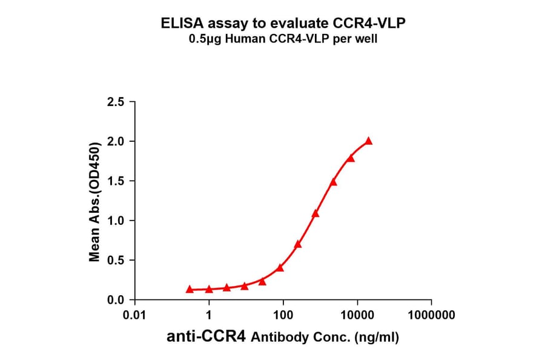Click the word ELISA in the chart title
tap(182, 24)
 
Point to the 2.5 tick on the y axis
tap(116, 102)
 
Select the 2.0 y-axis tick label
tap(116, 141)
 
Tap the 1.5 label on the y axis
tap(116, 181)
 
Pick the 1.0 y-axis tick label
tap(116, 221)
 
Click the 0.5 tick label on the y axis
tap(116, 261)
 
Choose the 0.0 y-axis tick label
tap(116, 300)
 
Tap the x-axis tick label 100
tap(283, 315)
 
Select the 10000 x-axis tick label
tap(357, 315)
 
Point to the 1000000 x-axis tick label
tap(431, 315)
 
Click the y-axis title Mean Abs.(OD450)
tap(94, 202)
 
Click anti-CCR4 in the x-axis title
tap(206, 337)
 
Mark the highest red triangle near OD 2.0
tap(368, 141)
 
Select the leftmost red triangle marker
tap(190, 290)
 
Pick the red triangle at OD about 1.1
tap(315, 213)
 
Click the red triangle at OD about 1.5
tap(333, 182)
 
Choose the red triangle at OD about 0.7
tap(298, 244)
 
